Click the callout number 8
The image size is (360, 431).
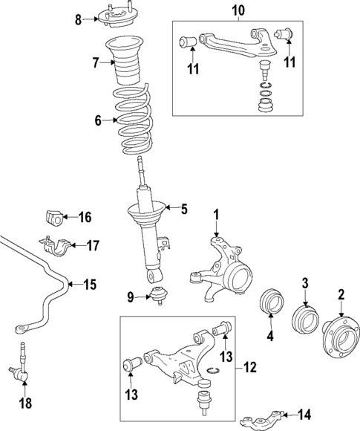79,20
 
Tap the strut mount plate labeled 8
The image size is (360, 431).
115,16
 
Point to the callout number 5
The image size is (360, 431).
184,209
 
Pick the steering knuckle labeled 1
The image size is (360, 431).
221,269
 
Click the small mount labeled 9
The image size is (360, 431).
158,294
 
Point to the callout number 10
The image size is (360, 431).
238,10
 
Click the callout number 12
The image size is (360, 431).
249,367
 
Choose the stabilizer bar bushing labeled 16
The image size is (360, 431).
54,218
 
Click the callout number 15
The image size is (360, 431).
90,285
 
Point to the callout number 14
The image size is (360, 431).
305,414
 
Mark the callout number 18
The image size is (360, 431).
25,404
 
